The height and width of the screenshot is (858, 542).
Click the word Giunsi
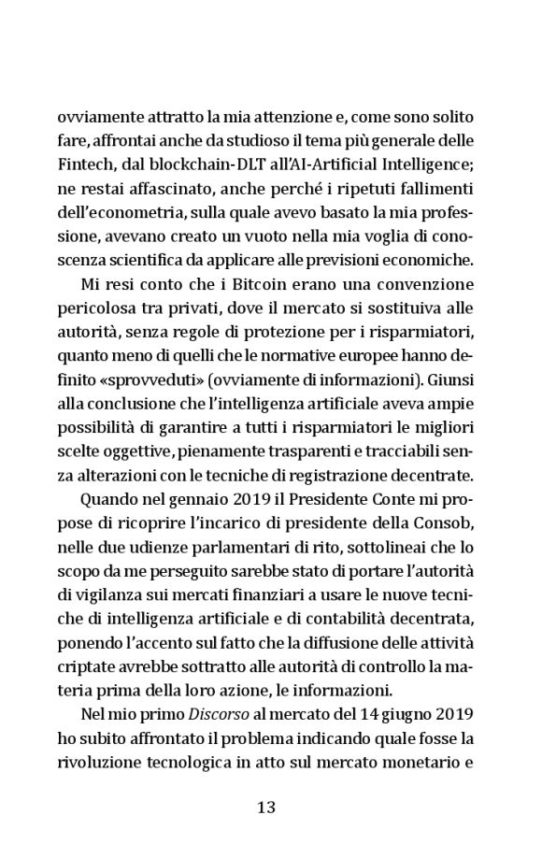450,355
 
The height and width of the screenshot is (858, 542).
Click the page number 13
266,806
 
